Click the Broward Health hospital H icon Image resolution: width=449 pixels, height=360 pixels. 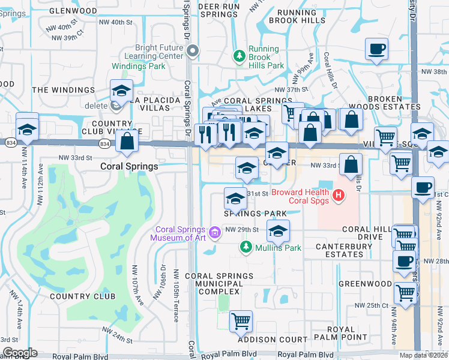(x=339, y=194)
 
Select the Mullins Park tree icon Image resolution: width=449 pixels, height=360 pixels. (x=246, y=247)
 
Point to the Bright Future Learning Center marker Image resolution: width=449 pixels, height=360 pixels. (x=192, y=52)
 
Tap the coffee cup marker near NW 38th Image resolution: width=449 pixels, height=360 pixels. (x=376, y=49)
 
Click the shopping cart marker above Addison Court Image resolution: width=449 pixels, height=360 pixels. (x=241, y=321)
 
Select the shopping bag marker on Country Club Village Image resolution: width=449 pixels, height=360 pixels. (x=127, y=142)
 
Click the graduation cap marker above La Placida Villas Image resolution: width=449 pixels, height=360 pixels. (x=121, y=91)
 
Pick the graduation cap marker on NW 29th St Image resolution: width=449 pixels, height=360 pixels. (x=278, y=231)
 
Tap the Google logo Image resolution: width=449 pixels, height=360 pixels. (x=20, y=352)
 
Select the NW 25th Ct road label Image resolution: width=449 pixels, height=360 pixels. (x=372, y=305)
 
